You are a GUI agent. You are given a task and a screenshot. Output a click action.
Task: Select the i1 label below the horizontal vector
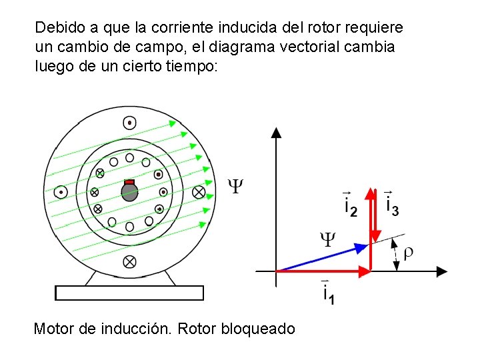tap(328, 292)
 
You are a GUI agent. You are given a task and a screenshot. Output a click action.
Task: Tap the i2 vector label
tap(350, 203)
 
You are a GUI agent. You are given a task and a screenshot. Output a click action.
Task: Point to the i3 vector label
tap(392, 203)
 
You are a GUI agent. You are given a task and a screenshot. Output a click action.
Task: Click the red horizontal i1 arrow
tap(323, 271)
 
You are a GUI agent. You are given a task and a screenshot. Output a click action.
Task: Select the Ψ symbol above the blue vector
tap(328, 238)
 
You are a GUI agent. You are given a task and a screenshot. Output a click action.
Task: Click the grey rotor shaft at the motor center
tap(129, 193)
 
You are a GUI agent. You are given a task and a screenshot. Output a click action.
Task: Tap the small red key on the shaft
tap(129, 182)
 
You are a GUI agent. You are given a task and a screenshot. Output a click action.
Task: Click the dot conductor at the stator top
tap(129, 123)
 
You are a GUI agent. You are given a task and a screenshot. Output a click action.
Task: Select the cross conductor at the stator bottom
tap(129, 262)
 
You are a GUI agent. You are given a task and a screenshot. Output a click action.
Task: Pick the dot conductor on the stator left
tap(61, 192)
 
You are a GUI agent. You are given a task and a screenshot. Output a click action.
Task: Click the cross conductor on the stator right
tap(198, 192)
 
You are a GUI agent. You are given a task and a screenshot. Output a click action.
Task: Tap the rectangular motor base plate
tap(129, 293)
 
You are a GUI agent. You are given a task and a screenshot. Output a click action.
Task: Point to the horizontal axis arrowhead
tap(441, 271)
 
